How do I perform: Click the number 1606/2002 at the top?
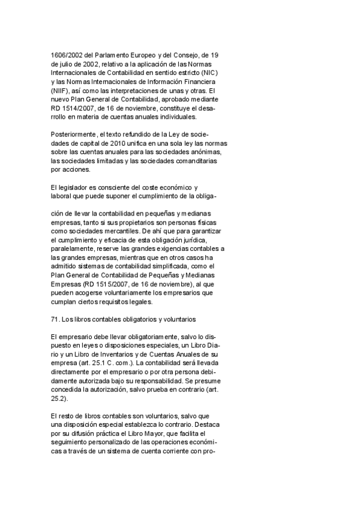[x=64, y=55]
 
